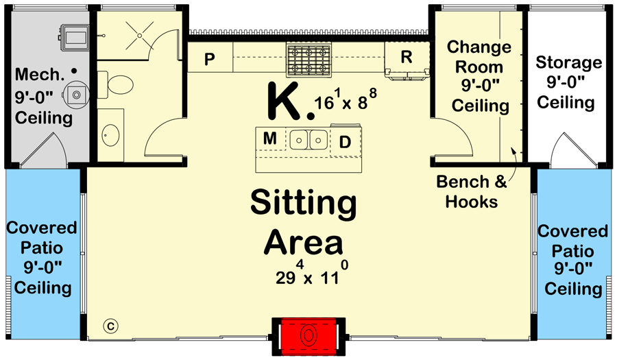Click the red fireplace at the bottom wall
coord(308,337)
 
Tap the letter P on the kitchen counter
coord(209,59)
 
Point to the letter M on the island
coord(270,139)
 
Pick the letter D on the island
coord(345,142)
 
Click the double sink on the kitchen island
coord(308,140)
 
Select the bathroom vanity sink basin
coord(110,135)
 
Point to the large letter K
coord(284,101)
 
